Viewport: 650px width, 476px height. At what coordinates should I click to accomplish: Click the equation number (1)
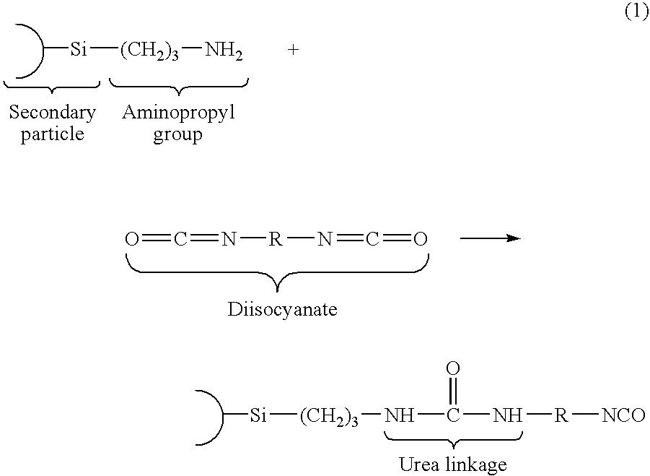636,12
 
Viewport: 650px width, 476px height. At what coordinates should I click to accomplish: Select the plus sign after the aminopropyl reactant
293,51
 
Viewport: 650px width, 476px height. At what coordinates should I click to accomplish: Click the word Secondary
52,113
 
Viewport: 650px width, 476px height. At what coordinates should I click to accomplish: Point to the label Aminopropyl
178,113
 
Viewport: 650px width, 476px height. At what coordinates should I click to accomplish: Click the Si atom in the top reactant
79,51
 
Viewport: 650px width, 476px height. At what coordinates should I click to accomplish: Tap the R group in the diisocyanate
276,239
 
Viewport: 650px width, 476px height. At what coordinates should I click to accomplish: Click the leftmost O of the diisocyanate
131,239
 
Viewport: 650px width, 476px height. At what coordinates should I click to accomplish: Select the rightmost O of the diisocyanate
421,239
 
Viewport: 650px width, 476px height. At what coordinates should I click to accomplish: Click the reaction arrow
490,238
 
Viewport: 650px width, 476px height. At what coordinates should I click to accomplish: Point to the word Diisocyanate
283,310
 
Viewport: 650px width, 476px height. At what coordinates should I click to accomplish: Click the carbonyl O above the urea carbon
453,369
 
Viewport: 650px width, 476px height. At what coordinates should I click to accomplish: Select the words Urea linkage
453,464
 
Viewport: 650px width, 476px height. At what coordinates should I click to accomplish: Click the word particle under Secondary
52,134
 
